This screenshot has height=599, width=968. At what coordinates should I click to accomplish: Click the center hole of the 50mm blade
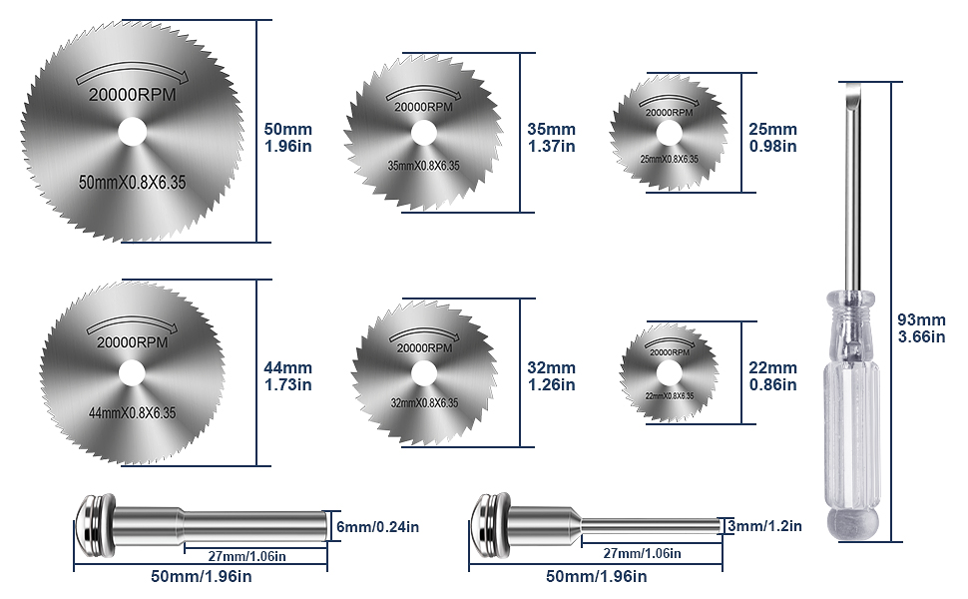132,131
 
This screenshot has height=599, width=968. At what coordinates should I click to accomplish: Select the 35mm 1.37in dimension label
551,138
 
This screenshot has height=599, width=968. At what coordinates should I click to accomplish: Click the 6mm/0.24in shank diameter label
376,526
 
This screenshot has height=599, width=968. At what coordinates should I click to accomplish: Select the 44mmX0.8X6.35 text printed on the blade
132,412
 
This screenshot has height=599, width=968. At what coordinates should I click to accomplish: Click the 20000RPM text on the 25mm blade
669,113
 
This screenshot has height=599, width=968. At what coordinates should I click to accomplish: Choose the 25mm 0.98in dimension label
772,138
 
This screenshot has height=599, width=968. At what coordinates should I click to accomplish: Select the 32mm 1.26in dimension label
551,375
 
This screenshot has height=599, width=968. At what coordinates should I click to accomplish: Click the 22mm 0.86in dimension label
772,375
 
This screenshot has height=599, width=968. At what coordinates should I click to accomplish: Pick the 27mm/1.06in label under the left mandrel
247,556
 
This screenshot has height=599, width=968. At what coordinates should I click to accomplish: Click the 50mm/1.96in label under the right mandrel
597,577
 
